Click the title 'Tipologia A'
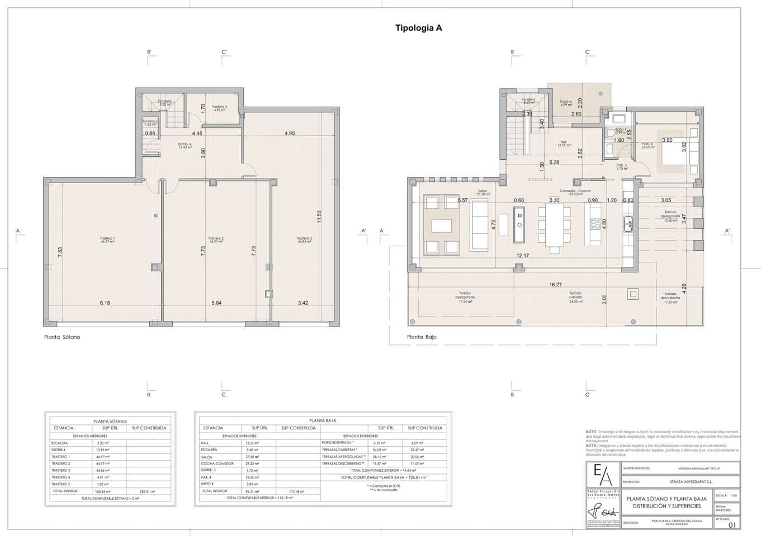click(x=418, y=28)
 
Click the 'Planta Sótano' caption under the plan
click(x=62, y=337)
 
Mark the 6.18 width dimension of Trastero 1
click(x=105, y=303)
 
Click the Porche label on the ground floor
click(x=566, y=103)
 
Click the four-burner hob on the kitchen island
click(x=595, y=224)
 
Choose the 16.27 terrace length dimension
click(x=555, y=285)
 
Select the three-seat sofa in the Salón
click(x=479, y=225)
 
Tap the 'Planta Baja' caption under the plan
click(x=422, y=337)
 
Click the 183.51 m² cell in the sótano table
click(x=146, y=491)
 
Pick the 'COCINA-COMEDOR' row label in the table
click(x=217, y=463)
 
